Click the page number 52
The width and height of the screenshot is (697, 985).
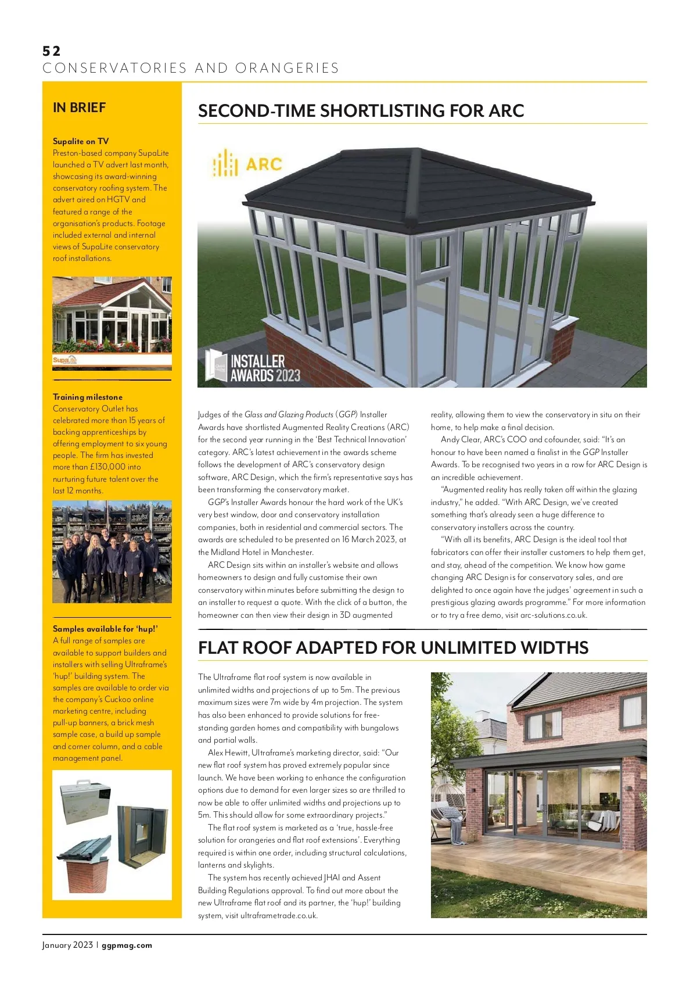point(51,51)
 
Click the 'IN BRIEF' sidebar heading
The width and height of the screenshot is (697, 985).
point(79,108)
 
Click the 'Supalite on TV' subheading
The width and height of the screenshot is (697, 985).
point(81,141)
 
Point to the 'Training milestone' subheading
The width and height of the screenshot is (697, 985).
point(88,397)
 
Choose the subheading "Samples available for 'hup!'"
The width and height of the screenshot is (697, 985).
point(105,629)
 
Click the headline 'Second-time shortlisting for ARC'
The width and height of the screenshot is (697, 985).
point(361,111)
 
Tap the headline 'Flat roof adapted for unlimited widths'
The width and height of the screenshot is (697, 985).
point(393,647)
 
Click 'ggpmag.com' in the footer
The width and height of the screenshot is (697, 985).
point(127,945)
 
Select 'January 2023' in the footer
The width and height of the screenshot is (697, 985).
point(67,945)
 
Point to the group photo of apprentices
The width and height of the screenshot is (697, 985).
point(112,551)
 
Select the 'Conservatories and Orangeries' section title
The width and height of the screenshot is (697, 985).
point(191,69)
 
